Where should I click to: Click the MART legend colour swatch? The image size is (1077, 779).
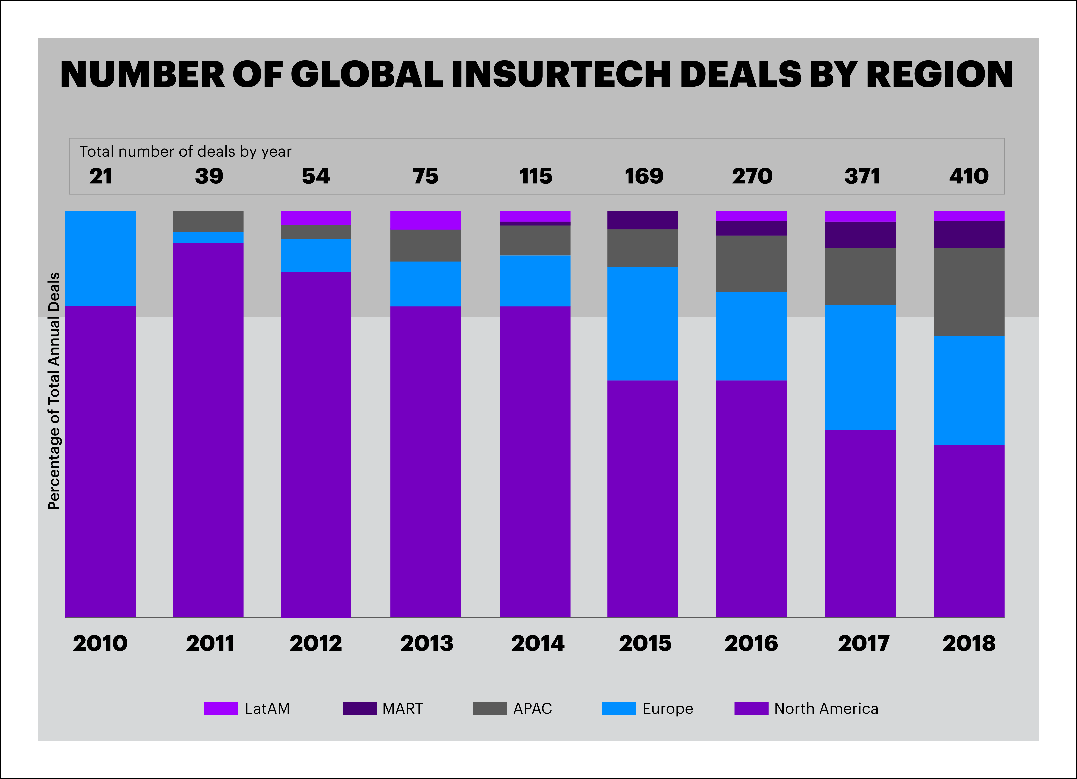[360, 708]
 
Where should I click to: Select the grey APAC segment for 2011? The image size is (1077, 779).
[208, 221]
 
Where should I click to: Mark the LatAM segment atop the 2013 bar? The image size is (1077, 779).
[425, 220]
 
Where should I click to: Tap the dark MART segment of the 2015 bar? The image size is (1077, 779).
[642, 220]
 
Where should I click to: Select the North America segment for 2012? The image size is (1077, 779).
[316, 444]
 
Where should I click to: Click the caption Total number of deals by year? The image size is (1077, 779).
[185, 151]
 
